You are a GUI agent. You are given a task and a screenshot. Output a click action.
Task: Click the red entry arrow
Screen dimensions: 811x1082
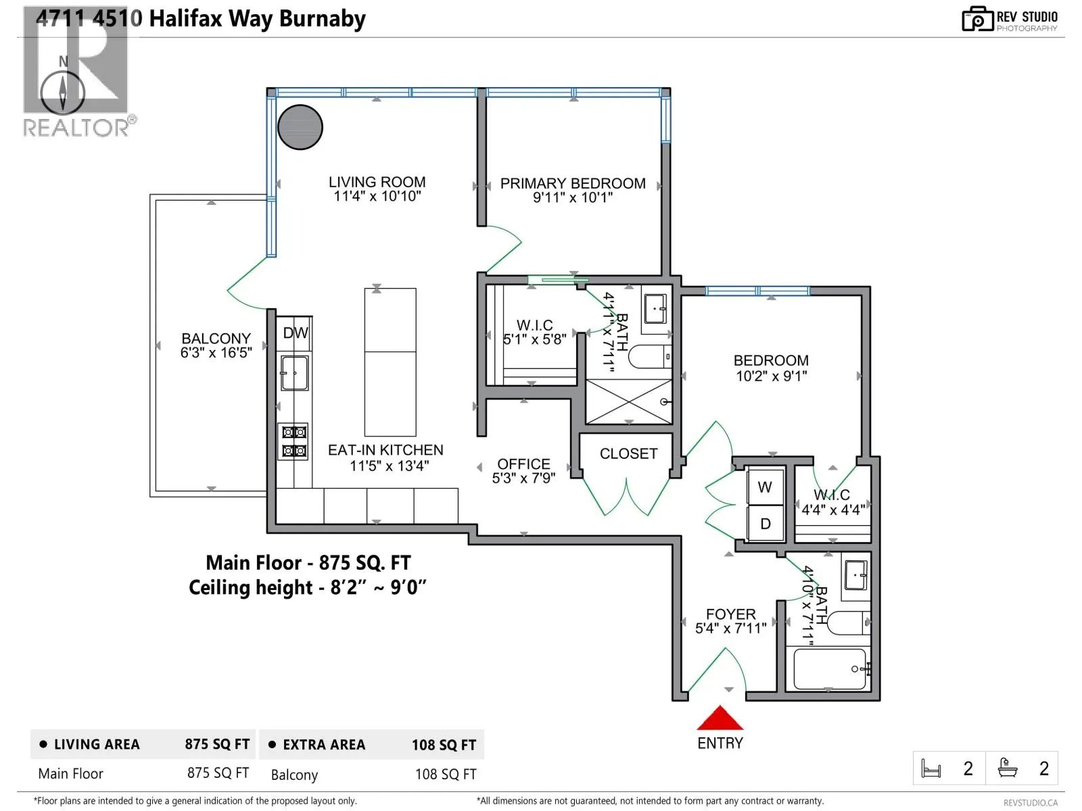(x=720, y=718)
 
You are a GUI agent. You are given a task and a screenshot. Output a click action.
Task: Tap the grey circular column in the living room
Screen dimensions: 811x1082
(x=300, y=127)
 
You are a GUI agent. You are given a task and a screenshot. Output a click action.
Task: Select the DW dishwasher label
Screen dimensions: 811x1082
(x=296, y=333)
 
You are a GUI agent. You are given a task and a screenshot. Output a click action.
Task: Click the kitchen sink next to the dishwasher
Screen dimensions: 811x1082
(x=295, y=373)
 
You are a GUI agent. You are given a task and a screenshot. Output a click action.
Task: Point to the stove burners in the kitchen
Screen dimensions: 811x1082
(x=294, y=441)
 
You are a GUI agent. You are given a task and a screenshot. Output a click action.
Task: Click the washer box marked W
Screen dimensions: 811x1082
(x=765, y=487)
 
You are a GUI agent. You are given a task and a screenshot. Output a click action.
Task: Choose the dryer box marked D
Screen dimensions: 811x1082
(x=765, y=524)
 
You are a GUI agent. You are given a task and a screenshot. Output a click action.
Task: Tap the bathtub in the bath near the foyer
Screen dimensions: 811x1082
(x=830, y=669)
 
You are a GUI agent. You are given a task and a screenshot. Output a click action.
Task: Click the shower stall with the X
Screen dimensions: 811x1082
(x=628, y=401)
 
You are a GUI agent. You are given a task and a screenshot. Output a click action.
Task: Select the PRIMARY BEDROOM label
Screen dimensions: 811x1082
(x=573, y=183)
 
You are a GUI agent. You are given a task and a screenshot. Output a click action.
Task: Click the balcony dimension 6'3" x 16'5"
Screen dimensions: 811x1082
(x=216, y=353)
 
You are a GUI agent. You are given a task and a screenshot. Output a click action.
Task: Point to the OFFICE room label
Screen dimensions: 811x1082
(x=523, y=464)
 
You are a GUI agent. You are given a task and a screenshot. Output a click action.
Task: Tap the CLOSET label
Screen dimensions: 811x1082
(x=628, y=453)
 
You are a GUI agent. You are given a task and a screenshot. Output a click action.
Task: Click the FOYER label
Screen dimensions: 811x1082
(x=730, y=614)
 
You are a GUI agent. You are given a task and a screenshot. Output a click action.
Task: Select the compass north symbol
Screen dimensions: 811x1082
(x=63, y=91)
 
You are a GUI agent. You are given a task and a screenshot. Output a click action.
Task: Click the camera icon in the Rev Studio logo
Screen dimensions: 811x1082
(x=977, y=20)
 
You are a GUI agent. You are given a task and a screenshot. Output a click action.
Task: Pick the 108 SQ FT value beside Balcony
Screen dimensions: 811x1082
(x=445, y=775)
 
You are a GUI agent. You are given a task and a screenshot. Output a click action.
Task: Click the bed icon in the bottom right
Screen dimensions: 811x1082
(x=931, y=768)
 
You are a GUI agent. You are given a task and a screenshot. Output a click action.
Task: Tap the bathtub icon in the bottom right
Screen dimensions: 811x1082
(x=1008, y=768)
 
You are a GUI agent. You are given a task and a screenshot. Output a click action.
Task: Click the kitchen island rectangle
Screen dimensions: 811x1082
(x=390, y=362)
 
